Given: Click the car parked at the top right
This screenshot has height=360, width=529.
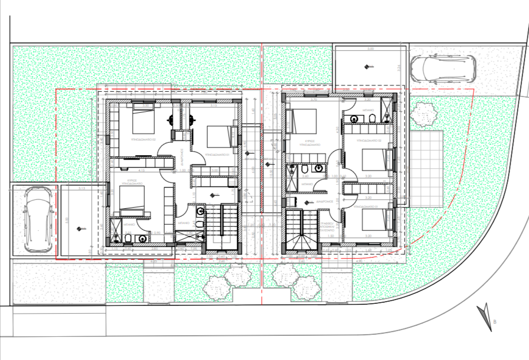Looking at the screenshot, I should (443, 69).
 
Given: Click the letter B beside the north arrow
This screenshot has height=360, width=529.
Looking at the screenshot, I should (495, 322).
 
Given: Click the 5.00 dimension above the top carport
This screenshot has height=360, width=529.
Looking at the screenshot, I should (370, 48).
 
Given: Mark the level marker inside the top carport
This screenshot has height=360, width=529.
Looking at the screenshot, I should (366, 66).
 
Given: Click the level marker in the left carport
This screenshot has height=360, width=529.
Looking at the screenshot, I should (79, 228).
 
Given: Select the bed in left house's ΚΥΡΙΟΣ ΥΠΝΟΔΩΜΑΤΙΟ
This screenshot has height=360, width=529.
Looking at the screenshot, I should (131, 198).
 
